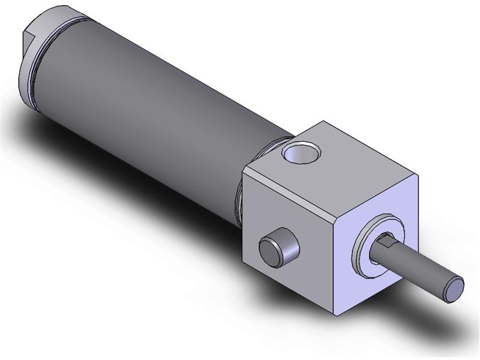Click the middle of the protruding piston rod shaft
pyautogui.click(x=420, y=272)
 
